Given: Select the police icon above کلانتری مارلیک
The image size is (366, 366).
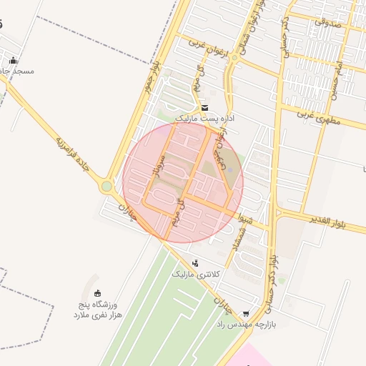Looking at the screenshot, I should click(195, 263).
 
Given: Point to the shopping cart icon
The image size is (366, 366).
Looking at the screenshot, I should click(247, 313).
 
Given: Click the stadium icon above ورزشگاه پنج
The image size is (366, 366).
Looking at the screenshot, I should click(98, 293).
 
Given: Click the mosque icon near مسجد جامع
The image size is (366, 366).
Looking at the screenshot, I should click(13, 61).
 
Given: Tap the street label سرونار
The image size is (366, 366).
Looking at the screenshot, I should click(158, 167).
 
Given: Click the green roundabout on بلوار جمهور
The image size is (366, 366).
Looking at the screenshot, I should click(107, 187).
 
